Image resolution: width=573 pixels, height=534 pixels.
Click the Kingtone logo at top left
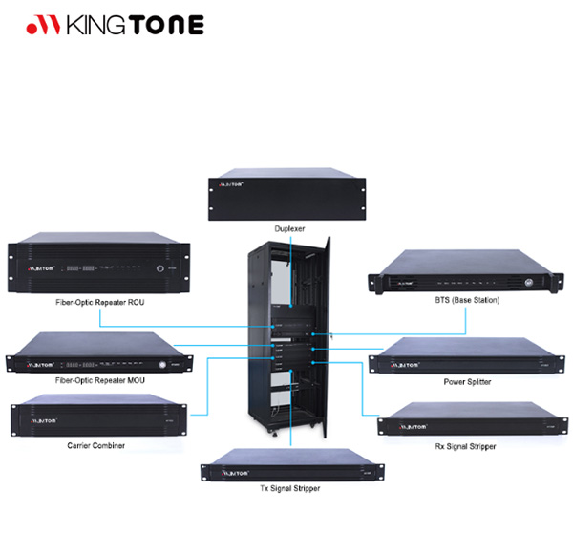coord(115,25)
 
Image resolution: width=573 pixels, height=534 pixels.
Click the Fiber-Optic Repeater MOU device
coord(95,353)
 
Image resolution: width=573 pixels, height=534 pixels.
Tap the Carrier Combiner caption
coord(95,445)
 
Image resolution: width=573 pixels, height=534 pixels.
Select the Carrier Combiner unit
coord(95,417)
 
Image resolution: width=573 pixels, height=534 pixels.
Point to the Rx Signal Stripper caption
coord(464,446)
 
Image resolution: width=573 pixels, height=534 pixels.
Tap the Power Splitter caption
coord(468,381)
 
